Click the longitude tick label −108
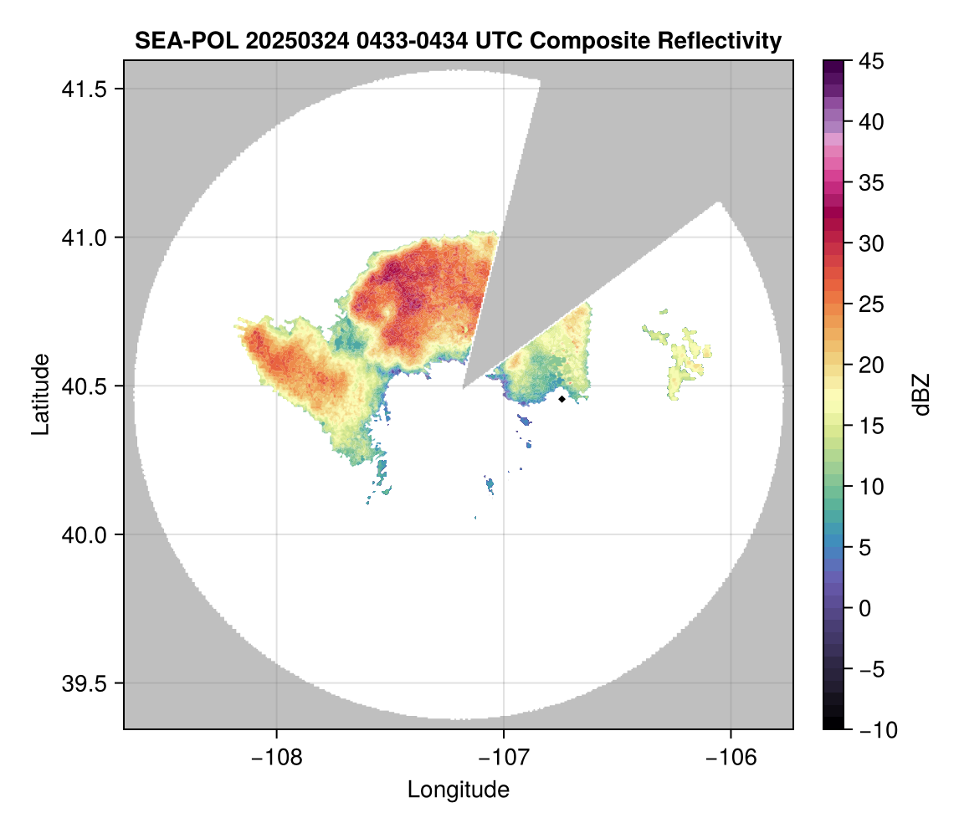click(x=276, y=757)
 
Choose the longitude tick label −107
click(x=504, y=757)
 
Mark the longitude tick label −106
click(x=731, y=757)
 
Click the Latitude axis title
click(x=40, y=394)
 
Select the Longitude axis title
click(x=459, y=790)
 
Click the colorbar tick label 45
click(x=872, y=61)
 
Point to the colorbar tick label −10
click(x=877, y=730)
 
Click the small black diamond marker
click(x=562, y=399)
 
